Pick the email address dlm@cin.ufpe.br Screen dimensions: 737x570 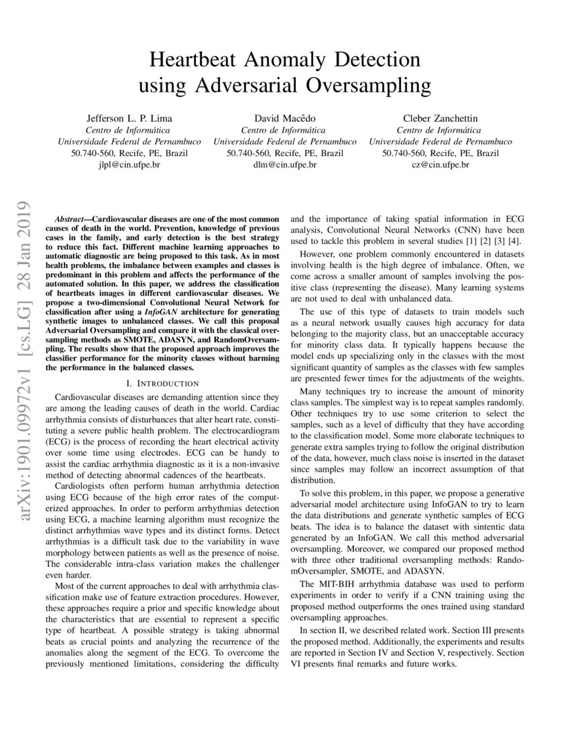284,165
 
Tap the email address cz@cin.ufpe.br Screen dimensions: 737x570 440,165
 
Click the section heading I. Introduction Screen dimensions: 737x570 162,383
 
